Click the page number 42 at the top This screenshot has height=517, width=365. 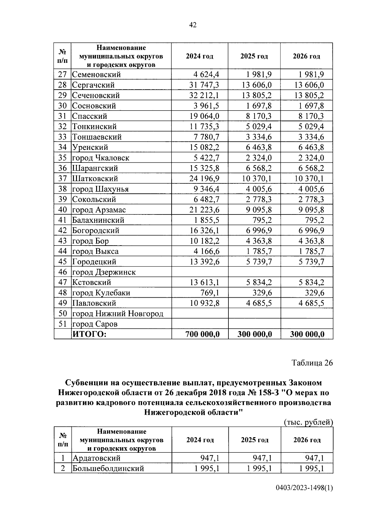(x=193, y=25)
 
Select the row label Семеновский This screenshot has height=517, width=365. (x=96, y=75)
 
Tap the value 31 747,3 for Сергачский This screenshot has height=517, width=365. (x=204, y=85)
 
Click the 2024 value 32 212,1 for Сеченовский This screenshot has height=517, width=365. (x=204, y=95)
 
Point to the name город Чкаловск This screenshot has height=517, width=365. (x=101, y=158)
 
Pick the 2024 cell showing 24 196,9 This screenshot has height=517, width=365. (x=204, y=179)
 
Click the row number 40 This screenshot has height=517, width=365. (x=62, y=210)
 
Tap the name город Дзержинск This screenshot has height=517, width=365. (x=104, y=272)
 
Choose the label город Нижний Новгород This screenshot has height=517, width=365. (x=118, y=313)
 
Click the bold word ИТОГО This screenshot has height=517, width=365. (x=89, y=334)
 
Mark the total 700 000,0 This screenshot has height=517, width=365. (x=203, y=334)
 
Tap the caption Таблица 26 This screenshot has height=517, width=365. (x=312, y=363)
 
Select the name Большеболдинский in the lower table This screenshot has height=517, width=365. (x=108, y=468)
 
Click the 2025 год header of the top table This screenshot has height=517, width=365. (x=254, y=56)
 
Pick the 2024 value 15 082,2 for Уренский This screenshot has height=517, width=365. (x=204, y=147)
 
